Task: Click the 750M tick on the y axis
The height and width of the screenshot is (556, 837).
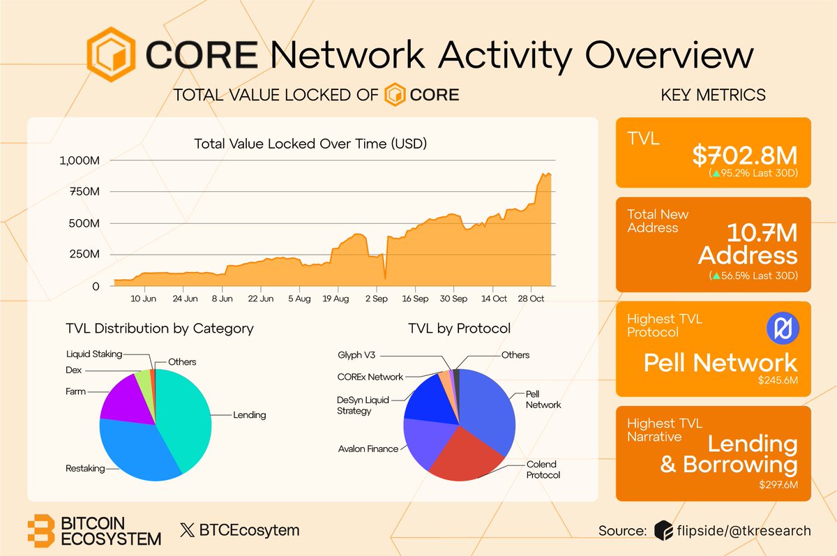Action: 84,192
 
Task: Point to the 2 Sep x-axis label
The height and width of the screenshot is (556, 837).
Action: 377,299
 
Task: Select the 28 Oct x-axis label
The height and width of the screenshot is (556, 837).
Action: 532,299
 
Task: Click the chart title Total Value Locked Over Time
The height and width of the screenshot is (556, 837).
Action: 310,144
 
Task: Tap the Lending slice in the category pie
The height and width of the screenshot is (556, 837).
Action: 185,419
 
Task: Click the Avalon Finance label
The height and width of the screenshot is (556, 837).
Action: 368,449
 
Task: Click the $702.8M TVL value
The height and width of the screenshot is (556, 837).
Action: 745,154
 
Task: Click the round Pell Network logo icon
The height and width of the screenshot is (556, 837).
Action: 781,329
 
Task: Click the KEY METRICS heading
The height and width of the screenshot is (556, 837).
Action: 713,94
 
